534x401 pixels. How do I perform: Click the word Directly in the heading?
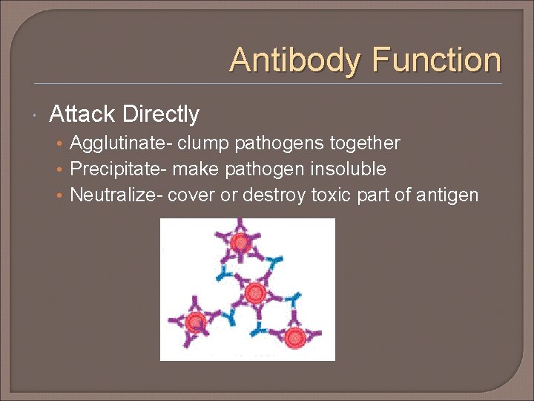161,114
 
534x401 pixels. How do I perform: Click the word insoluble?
348,169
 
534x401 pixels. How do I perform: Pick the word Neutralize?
111,195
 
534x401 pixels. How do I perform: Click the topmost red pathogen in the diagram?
240,243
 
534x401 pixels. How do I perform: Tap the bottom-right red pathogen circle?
295,337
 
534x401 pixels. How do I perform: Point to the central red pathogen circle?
254,292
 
